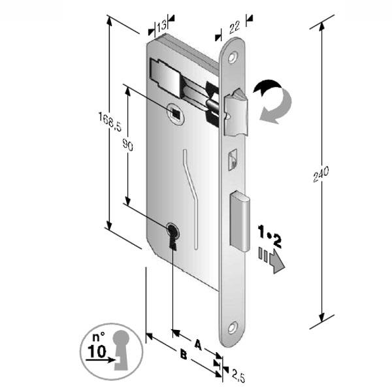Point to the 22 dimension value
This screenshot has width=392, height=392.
[233, 27]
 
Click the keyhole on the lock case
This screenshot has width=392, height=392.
[172, 235]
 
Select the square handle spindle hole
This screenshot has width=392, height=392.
[175, 114]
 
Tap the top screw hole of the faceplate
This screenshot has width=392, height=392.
[233, 60]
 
